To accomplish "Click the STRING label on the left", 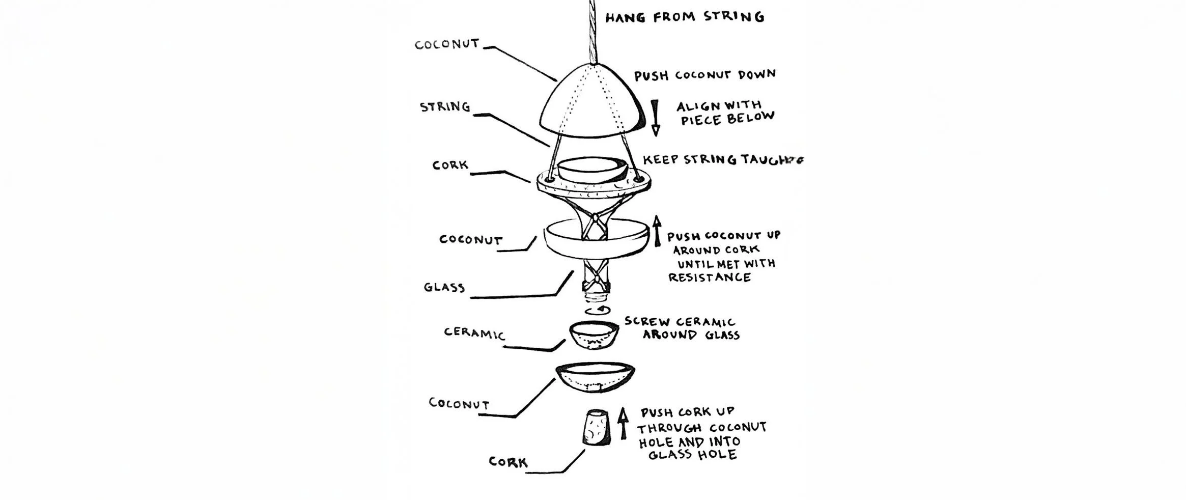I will point(444,107).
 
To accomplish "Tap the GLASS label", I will point(444,287).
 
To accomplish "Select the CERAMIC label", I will point(474,334).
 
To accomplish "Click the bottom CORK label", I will point(507,462).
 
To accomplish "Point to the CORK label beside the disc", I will point(450,165).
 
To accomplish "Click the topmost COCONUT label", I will point(447,44).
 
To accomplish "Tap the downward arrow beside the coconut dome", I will point(655,118).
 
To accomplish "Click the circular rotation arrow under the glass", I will point(596,310).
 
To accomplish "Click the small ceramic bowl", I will point(594,336).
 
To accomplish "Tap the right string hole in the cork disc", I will point(637,179).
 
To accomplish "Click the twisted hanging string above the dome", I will point(592,31).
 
